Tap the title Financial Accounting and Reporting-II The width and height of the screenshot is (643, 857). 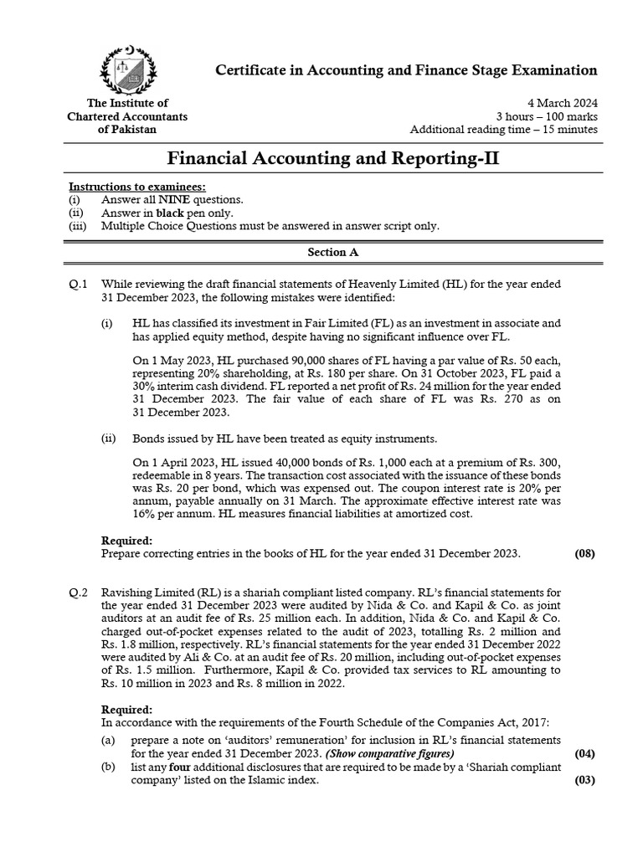334,157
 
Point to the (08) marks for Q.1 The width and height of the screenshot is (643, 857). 584,553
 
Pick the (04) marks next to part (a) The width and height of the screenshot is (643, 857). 584,753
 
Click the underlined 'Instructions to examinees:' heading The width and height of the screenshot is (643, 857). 136,186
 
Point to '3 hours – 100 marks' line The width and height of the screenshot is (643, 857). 546,116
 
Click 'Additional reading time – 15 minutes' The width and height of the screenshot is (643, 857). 503,130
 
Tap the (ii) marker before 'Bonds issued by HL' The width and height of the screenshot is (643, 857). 108,439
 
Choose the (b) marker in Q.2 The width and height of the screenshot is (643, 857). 108,767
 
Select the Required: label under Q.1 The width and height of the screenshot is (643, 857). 126,540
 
